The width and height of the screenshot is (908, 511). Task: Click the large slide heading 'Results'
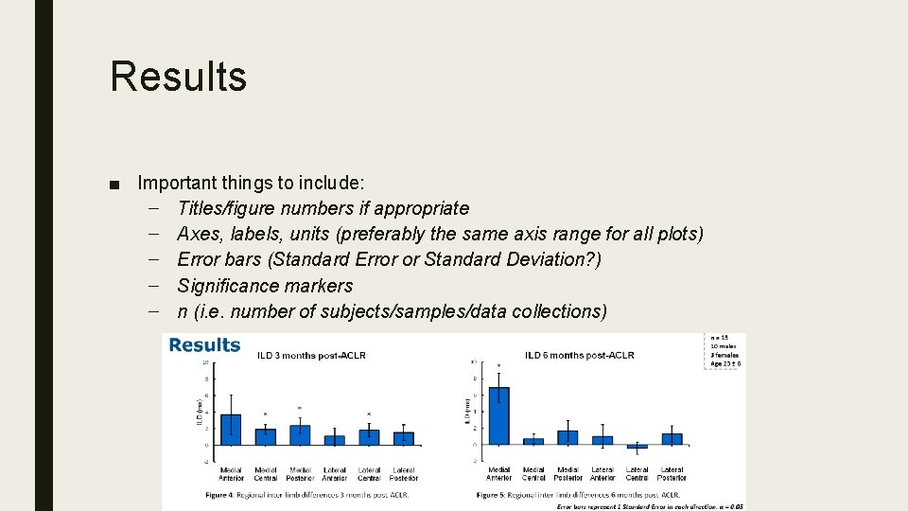pos(178,76)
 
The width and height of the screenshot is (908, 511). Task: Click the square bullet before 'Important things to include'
pos(114,183)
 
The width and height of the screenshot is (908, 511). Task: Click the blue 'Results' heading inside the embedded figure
pos(204,345)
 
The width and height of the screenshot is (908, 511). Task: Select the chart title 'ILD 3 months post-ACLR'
pos(311,356)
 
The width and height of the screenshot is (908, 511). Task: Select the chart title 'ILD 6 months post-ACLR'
pos(579,356)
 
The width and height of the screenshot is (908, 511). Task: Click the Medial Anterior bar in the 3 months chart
pos(230,430)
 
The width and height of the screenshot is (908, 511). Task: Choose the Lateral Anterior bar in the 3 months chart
pos(335,440)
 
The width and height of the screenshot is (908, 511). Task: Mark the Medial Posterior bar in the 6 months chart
pos(567,437)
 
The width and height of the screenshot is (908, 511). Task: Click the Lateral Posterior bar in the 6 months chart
pos(672,439)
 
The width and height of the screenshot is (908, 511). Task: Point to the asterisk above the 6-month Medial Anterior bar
pos(498,365)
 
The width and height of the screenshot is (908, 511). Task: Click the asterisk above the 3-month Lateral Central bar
pos(369,414)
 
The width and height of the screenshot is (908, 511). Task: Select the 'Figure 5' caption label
pos(491,495)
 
